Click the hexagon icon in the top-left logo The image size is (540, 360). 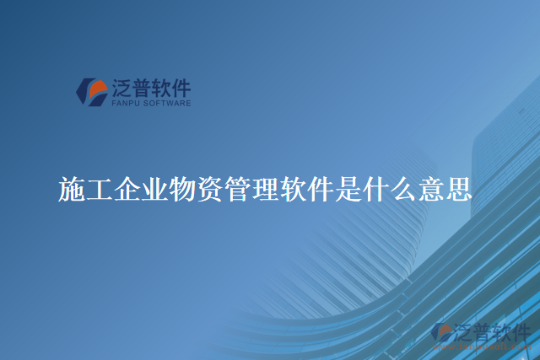pyautogui.click(x=92, y=91)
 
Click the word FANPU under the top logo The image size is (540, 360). pyautogui.click(x=124, y=104)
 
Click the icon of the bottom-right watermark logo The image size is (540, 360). pyautogui.click(x=442, y=333)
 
